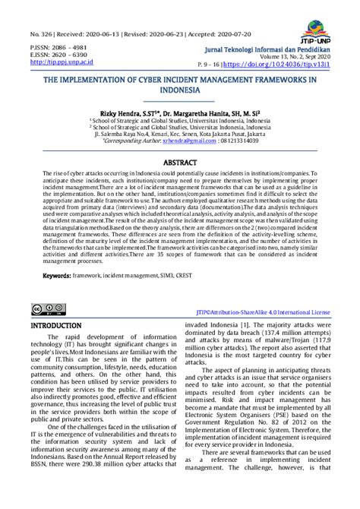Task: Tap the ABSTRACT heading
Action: point(180,163)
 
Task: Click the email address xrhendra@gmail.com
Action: point(187,141)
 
